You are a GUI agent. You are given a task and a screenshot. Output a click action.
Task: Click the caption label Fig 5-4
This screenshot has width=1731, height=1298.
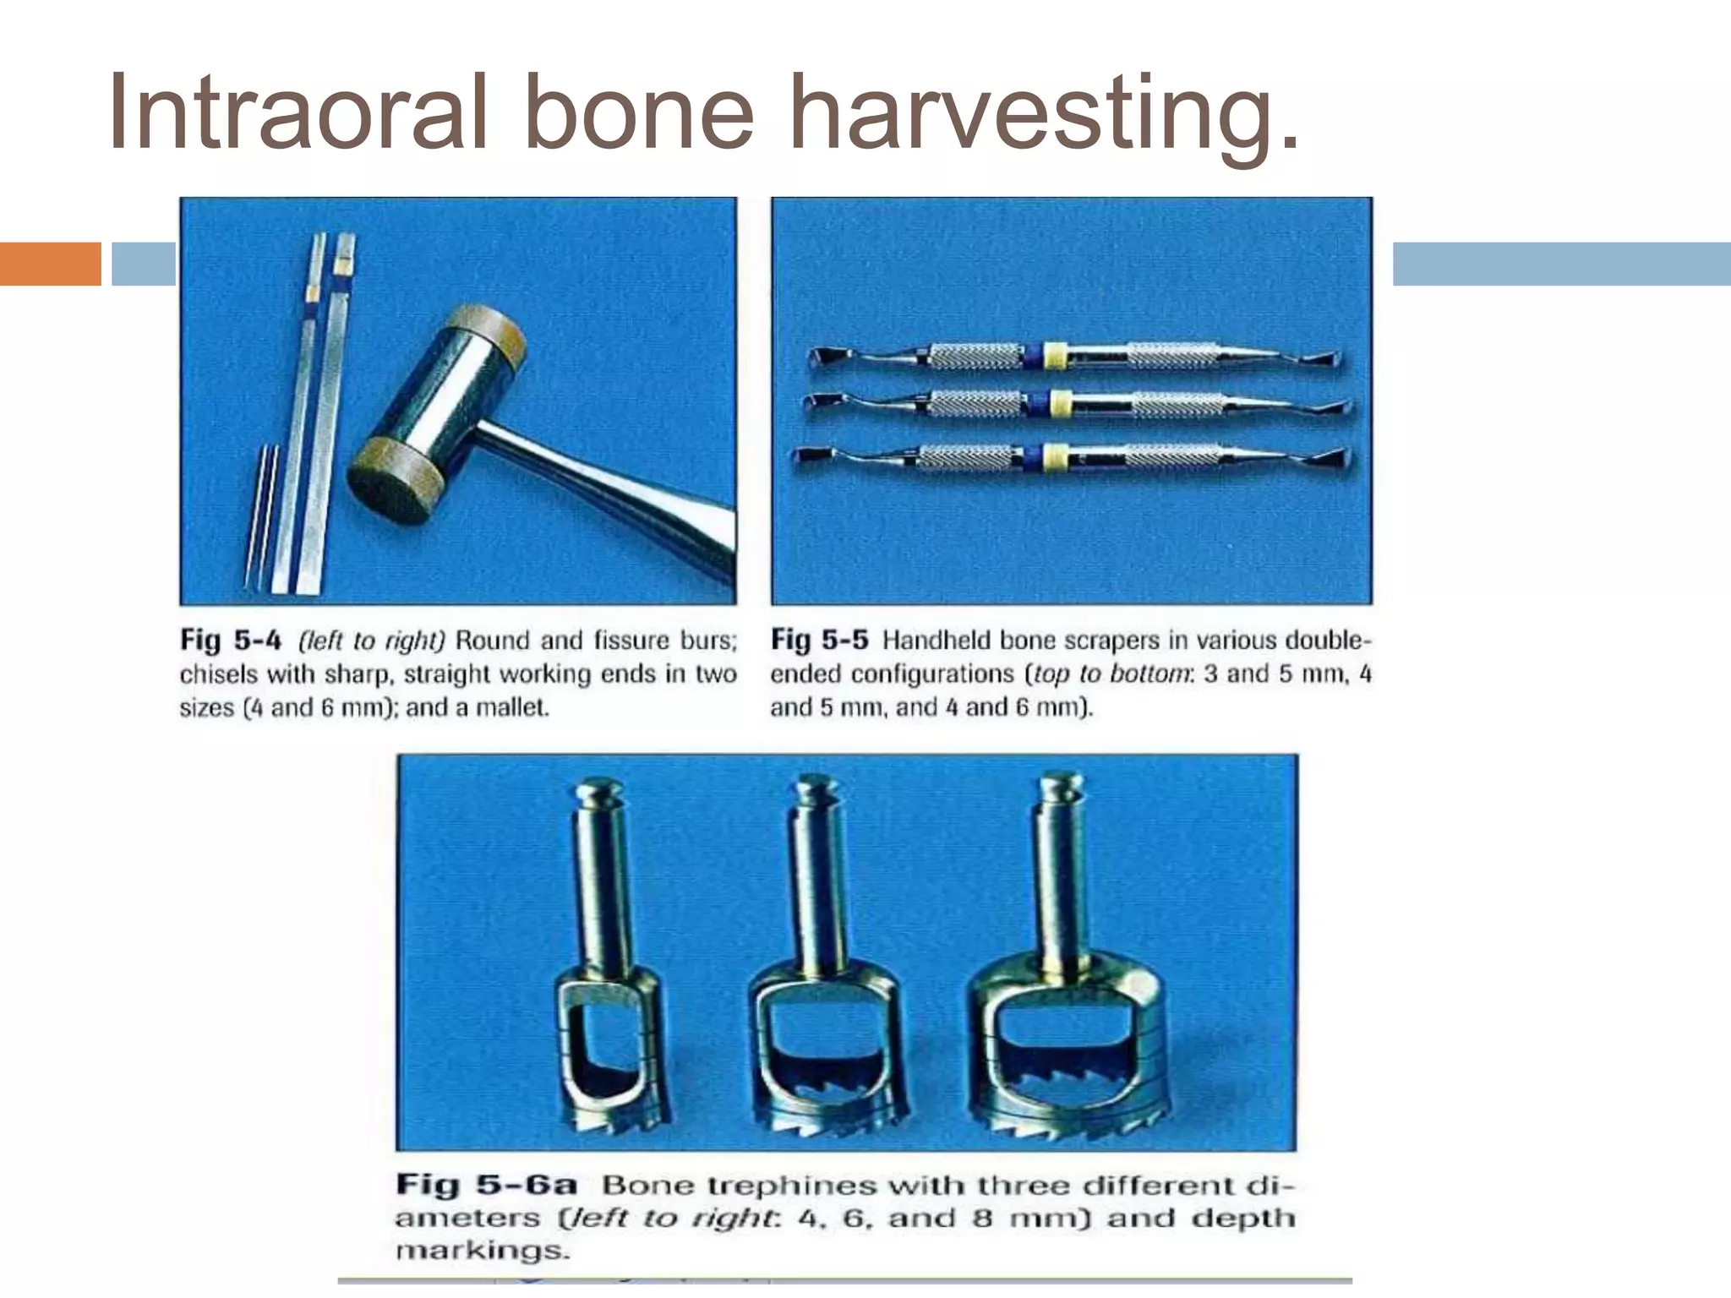[x=230, y=641]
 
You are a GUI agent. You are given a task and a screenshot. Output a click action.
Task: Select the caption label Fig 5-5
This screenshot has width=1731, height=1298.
[x=819, y=641]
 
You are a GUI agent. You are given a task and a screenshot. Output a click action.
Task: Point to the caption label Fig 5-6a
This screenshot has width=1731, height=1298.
[x=487, y=1185]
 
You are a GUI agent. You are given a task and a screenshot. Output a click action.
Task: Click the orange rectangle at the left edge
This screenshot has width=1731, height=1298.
[x=50, y=264]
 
